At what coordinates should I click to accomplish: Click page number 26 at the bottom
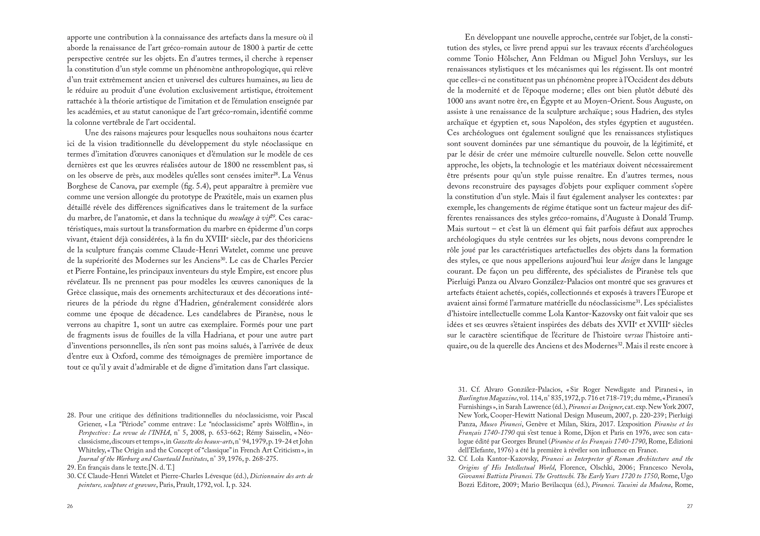[x=70, y=506]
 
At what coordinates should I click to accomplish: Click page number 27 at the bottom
[x=690, y=506]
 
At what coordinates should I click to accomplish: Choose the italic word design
[x=630, y=261]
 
